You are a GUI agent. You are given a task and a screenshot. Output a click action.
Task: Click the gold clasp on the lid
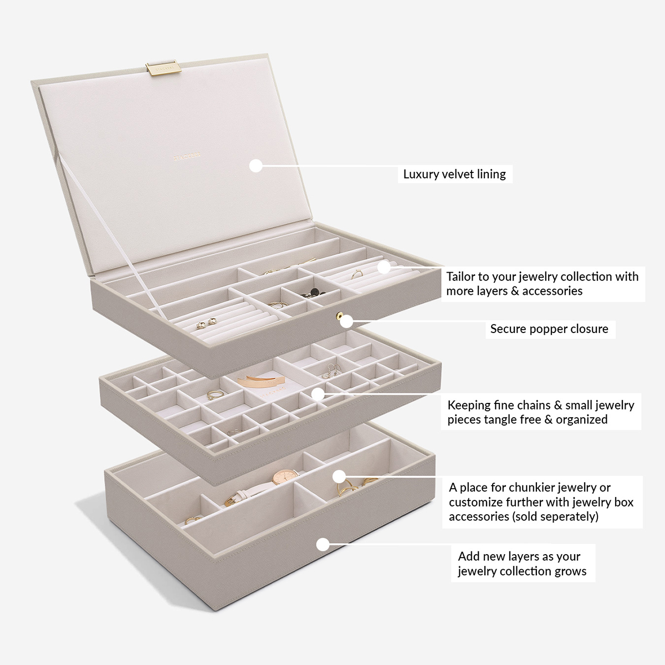coord(163,68)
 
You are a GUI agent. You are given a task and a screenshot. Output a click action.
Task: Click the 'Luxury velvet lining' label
coord(454,174)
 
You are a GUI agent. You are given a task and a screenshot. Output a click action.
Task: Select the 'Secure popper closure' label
coord(549,329)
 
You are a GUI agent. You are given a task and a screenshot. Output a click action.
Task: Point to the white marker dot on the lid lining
coord(255,165)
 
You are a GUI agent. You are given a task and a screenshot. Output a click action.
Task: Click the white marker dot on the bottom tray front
coord(323,544)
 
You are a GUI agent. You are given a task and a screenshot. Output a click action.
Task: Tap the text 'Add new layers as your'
coord(519,556)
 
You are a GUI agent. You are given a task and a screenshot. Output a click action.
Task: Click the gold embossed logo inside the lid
coord(187,157)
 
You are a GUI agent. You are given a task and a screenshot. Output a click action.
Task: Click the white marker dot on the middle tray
coord(317,394)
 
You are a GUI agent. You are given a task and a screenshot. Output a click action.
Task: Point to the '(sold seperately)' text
coord(555,516)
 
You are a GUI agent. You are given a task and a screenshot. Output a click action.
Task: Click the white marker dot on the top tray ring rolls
coord(383,267)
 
